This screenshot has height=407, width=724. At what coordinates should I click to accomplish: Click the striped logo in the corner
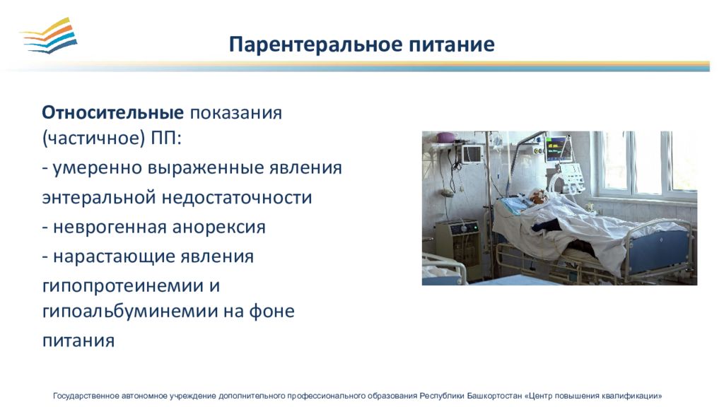(49, 35)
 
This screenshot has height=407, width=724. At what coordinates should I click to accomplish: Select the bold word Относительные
(112, 112)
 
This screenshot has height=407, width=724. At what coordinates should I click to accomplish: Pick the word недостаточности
(237, 197)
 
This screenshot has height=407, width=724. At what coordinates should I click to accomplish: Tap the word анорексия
(219, 227)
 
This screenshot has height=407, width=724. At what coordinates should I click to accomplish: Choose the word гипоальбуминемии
(130, 311)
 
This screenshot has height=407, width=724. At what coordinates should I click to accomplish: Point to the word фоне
(271, 311)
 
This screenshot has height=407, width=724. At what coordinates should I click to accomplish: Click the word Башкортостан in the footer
(494, 396)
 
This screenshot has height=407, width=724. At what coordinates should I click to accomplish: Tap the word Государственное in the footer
(86, 396)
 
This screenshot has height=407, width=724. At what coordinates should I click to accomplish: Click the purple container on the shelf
(446, 137)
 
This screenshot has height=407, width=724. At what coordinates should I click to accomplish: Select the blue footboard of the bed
(660, 251)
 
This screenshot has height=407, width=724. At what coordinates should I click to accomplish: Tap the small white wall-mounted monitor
(472, 153)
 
